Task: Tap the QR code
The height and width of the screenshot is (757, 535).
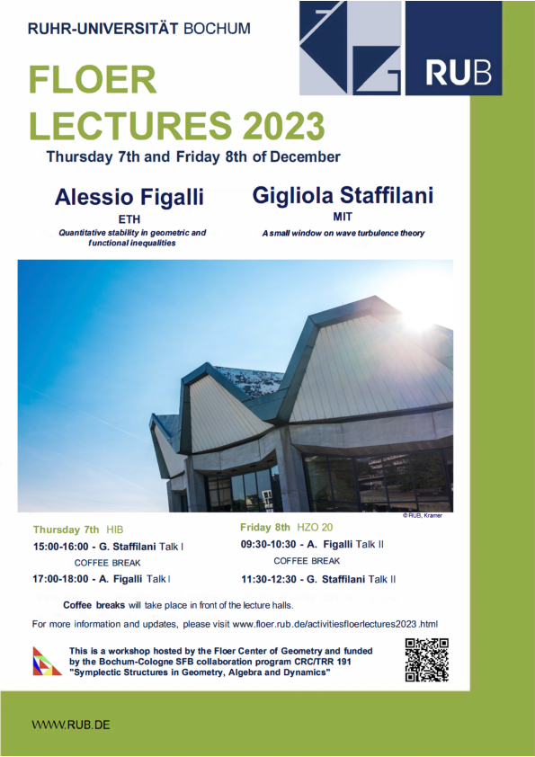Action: pos(427,660)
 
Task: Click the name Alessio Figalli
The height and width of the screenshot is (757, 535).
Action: pos(129,197)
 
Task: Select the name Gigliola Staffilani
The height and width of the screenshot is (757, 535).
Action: pos(343,195)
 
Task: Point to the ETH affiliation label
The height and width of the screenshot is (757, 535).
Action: pos(129,219)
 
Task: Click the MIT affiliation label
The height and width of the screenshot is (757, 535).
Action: pos(343,217)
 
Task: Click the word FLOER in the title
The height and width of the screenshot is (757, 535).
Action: pos(93,80)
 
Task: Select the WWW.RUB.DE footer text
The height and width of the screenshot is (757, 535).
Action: pos(71,725)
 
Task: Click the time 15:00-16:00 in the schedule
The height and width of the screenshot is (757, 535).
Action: pos(61,547)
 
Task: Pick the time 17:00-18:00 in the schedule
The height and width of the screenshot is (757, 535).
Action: pos(60,579)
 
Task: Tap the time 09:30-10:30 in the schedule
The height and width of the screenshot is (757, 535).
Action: pos(269,544)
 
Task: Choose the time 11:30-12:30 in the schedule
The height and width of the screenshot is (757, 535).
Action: pos(269,579)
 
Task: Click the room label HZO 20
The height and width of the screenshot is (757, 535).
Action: pos(315,527)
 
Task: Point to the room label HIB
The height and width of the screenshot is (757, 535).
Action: pos(115,530)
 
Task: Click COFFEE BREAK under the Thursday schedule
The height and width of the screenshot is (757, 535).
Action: pos(108,563)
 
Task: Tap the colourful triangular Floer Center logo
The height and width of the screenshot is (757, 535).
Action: pos(47,661)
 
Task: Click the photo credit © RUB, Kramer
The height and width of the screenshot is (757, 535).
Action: pos(423,516)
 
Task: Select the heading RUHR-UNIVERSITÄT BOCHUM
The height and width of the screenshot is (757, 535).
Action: pos(139,29)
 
